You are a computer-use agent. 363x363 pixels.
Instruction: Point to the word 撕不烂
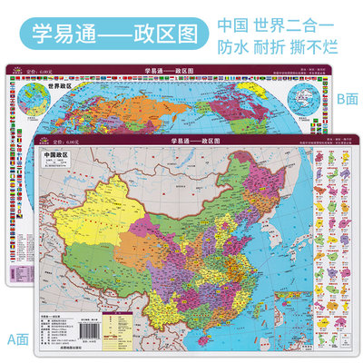tap(332, 43)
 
